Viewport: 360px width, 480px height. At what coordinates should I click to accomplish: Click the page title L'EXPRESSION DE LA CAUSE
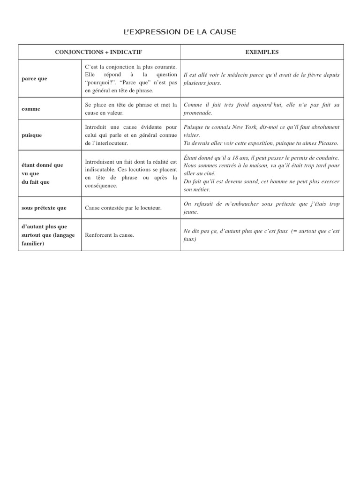coord(180,32)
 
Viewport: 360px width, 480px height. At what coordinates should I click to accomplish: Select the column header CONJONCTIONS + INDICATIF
coord(99,52)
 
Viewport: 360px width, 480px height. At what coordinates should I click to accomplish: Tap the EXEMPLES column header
coord(262,52)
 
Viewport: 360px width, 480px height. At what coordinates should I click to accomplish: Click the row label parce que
coord(34,78)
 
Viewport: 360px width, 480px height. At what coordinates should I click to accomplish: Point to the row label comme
coord(31,109)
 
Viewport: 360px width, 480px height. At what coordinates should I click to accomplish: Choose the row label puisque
coord(32,135)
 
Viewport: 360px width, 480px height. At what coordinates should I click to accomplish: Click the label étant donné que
coord(42,165)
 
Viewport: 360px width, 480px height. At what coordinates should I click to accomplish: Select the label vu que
coord(31,173)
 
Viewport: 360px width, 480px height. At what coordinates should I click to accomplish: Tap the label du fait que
coord(35,182)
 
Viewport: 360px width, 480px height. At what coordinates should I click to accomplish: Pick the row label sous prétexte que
coord(44,208)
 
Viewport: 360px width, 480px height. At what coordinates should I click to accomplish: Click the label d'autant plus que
coord(44,227)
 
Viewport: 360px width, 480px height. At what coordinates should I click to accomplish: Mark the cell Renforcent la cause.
coord(109,235)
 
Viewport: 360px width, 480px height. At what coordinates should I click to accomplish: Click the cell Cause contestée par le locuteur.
coord(123,208)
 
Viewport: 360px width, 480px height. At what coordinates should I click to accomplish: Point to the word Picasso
coord(328,143)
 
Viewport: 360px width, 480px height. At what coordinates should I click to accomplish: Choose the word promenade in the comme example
coord(197,113)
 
